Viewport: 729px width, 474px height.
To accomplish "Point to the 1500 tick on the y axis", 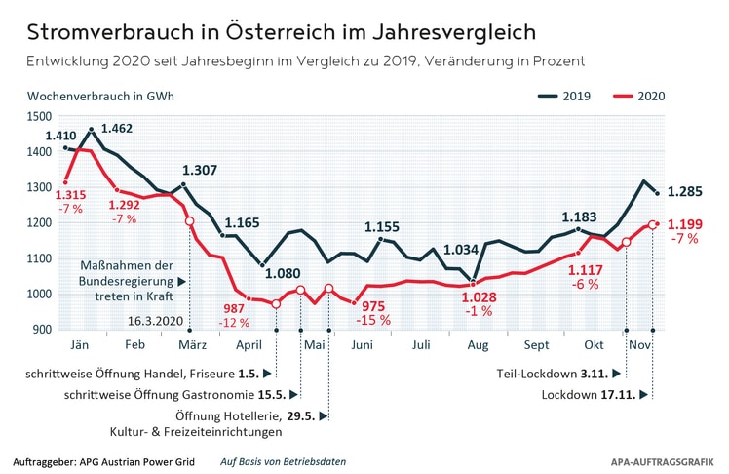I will coord(39,117).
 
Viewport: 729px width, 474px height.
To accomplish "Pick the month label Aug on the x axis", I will coord(477,346).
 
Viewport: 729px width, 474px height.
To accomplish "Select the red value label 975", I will coord(373,306).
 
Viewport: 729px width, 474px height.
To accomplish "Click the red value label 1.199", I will coord(686,224).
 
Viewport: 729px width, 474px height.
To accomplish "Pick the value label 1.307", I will coord(200,170).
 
